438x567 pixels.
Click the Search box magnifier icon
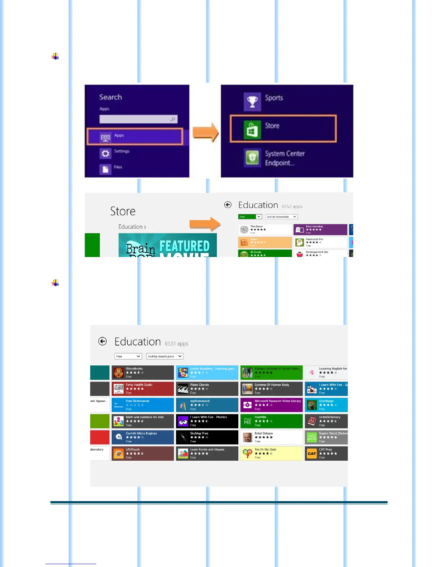pyautogui.click(x=173, y=119)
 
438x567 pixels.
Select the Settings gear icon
pyautogui.click(x=105, y=154)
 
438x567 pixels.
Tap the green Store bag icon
pyautogui.click(x=252, y=129)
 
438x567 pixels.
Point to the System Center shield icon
pyautogui.click(x=252, y=157)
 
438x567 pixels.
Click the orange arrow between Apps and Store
pyautogui.click(x=205, y=132)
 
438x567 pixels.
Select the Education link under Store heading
pyautogui.click(x=132, y=227)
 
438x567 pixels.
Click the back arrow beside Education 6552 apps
pyautogui.click(x=228, y=205)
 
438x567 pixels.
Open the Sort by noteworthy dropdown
pyautogui.click(x=282, y=217)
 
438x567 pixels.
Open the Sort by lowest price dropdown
pyautogui.click(x=165, y=356)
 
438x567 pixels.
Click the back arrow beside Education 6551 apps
pyautogui.click(x=103, y=341)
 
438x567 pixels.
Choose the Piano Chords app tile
pyautogui.click(x=207, y=389)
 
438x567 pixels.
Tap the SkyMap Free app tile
pyautogui.click(x=207, y=437)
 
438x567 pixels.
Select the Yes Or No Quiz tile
pyautogui.click(x=271, y=453)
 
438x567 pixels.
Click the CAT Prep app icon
pyautogui.click(x=312, y=454)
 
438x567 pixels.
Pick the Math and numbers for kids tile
pyautogui.click(x=142, y=421)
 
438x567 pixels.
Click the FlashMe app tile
pyautogui.click(x=271, y=421)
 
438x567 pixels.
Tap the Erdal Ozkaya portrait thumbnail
pyautogui.click(x=247, y=437)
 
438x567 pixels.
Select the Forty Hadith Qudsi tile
pyautogui.click(x=142, y=389)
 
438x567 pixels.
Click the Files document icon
pyautogui.click(x=105, y=169)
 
